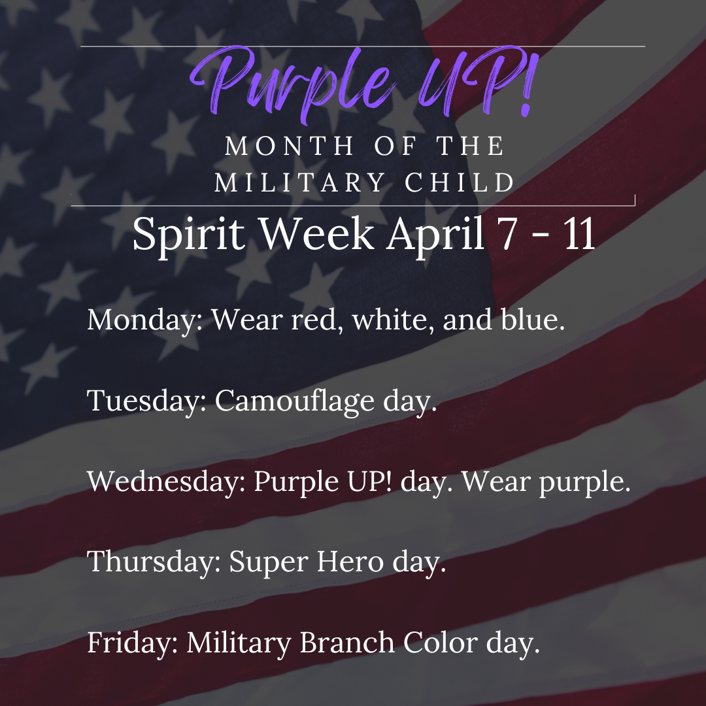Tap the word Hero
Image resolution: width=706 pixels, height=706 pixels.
pos(350,562)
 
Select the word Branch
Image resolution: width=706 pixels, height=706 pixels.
pos(347,642)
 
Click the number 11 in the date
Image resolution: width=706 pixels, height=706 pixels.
pos(580,234)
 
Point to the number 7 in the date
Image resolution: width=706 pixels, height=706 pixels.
pos(510,234)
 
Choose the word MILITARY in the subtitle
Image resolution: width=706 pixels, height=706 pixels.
pos(299,182)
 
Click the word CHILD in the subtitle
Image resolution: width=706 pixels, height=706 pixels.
pos(460,182)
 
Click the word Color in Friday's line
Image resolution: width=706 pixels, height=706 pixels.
pos(441,642)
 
